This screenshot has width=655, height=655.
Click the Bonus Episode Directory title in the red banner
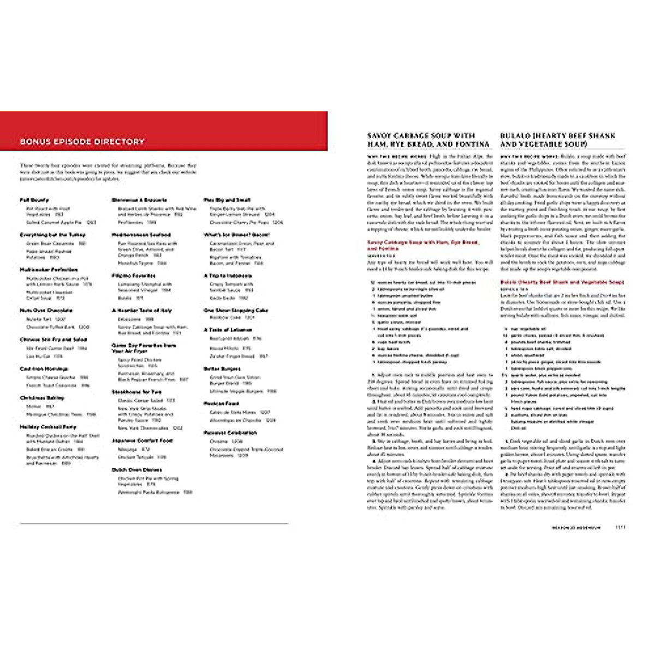[x=82, y=142]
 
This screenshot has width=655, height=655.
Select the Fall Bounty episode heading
[x=34, y=200]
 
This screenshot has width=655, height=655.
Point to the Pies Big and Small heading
[x=227, y=200]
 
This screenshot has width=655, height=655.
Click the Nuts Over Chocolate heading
[x=46, y=311]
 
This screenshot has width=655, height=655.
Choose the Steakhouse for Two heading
[x=136, y=392]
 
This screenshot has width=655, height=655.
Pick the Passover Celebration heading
[x=230, y=433]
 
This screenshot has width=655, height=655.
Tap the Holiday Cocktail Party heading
[x=48, y=427]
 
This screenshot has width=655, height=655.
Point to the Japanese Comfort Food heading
[x=142, y=440]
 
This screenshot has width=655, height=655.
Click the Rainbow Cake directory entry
[x=225, y=317]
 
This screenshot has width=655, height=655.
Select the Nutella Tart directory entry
[x=38, y=319]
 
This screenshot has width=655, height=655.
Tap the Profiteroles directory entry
[x=129, y=223]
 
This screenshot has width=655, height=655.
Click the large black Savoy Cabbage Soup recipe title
[x=428, y=140]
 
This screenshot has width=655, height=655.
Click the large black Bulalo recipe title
[x=558, y=140]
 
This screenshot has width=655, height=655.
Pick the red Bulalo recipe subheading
[x=562, y=282]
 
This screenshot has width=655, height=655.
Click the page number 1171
[x=620, y=528]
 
